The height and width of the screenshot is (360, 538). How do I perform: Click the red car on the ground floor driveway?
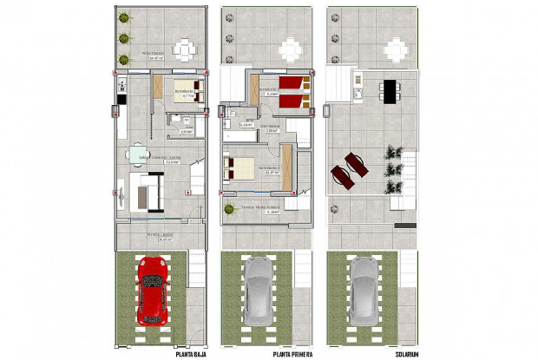154,290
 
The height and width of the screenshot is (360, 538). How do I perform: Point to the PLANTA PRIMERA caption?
292,354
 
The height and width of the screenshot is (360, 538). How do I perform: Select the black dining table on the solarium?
390,89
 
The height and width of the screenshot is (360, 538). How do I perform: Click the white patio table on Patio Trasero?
185,49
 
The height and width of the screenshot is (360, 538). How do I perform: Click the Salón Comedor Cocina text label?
161,159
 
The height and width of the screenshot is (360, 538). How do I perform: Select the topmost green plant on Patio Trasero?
124,17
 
